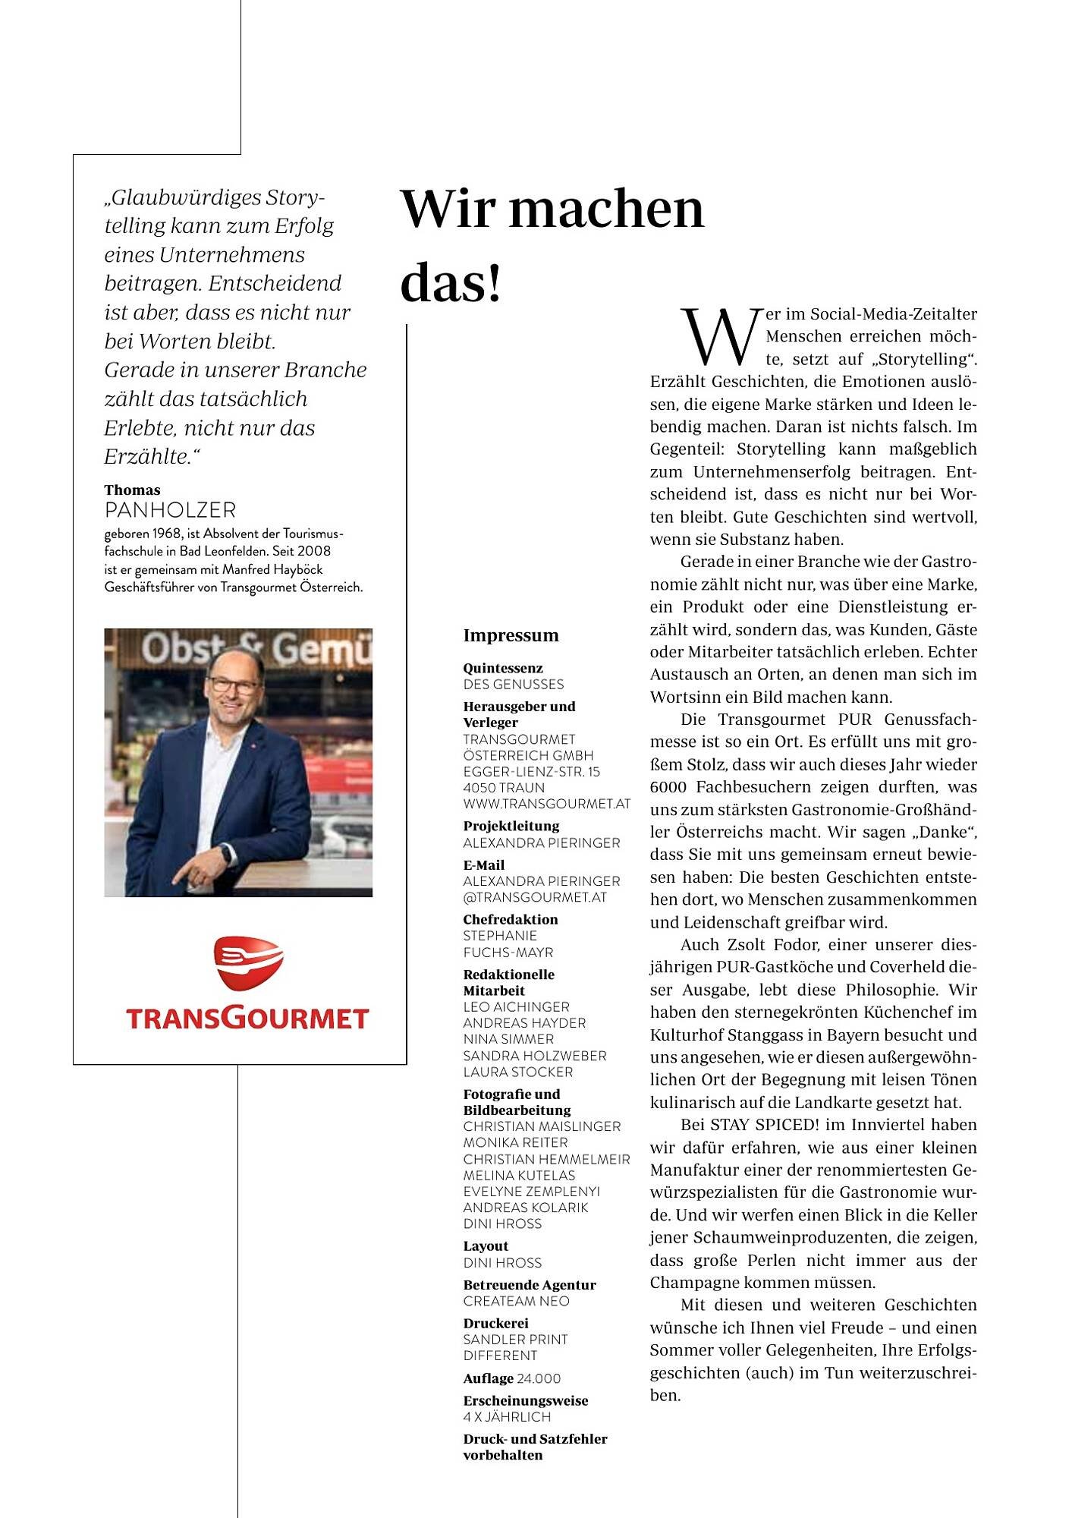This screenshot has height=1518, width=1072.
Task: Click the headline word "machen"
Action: point(606,210)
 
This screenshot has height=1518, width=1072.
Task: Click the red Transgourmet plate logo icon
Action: point(247,963)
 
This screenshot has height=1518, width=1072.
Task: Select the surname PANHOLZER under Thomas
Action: point(170,510)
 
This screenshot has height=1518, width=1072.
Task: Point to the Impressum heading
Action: point(511,636)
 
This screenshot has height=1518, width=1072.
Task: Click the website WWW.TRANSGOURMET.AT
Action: point(546,804)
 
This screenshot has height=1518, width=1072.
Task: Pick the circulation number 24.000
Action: point(537,1378)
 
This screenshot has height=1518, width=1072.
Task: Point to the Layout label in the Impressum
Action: point(486,1246)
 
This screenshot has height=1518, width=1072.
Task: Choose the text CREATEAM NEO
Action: point(516,1301)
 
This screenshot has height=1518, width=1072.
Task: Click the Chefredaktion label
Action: point(510,919)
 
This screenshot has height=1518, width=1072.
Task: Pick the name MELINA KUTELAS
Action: point(519,1175)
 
